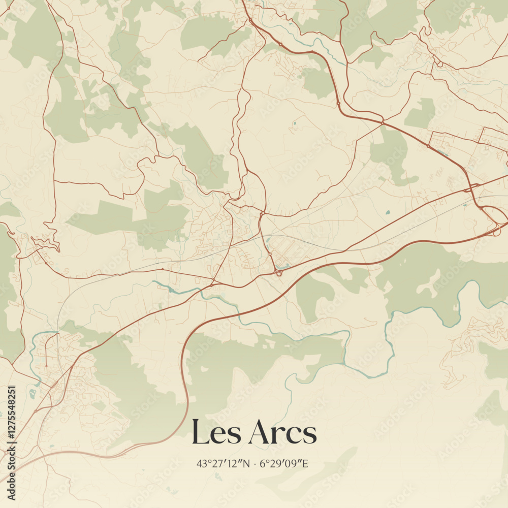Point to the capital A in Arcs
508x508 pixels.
258,433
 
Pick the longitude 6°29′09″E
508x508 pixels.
284,463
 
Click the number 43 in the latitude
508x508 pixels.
201,463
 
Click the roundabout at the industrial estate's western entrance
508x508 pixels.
428,146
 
